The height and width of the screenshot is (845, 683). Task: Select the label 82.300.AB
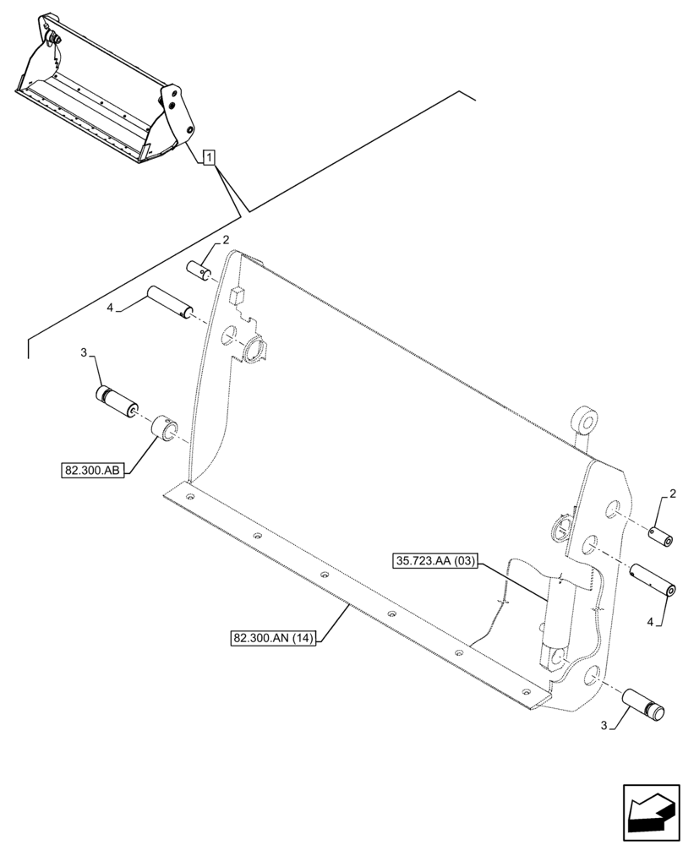pyautogui.click(x=92, y=470)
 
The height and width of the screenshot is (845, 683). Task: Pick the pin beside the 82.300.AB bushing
pyautogui.click(x=117, y=401)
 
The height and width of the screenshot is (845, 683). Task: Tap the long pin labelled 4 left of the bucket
pyautogui.click(x=169, y=303)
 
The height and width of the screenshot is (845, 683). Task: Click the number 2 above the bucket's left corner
pyautogui.click(x=226, y=241)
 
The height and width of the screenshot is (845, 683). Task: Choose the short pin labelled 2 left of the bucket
pyautogui.click(x=200, y=270)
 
